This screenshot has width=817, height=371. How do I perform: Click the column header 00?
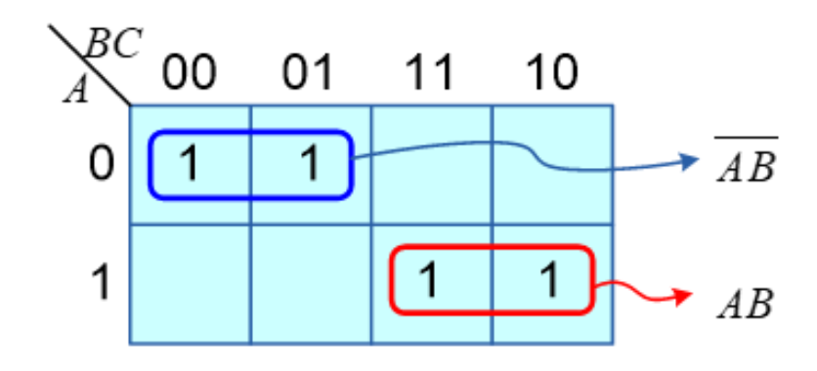click(x=189, y=73)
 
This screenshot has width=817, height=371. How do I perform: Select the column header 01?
click(x=308, y=73)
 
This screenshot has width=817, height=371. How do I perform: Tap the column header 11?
click(x=429, y=73)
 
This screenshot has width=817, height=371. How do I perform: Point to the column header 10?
click(x=551, y=73)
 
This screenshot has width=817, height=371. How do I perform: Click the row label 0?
click(x=101, y=164)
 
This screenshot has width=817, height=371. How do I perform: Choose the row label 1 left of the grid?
click(x=102, y=282)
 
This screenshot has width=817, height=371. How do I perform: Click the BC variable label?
click(x=113, y=44)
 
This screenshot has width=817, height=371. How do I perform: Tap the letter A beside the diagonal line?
click(x=76, y=90)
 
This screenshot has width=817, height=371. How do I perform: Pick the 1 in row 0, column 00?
click(x=189, y=163)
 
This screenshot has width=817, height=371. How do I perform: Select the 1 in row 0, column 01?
click(x=311, y=163)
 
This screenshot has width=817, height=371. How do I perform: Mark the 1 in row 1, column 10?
click(x=550, y=280)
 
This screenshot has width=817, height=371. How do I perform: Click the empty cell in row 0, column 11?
click(x=431, y=165)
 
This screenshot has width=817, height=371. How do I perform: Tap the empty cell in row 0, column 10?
click(x=552, y=165)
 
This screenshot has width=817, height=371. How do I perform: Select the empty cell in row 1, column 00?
click(x=191, y=284)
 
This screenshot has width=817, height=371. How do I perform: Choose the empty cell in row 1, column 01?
click(x=311, y=284)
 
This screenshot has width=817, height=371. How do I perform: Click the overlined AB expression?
click(x=746, y=161)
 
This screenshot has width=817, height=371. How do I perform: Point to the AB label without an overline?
click(x=745, y=304)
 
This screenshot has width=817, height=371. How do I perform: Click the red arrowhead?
click(x=683, y=297)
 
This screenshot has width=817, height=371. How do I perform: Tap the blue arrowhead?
click(x=690, y=161)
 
